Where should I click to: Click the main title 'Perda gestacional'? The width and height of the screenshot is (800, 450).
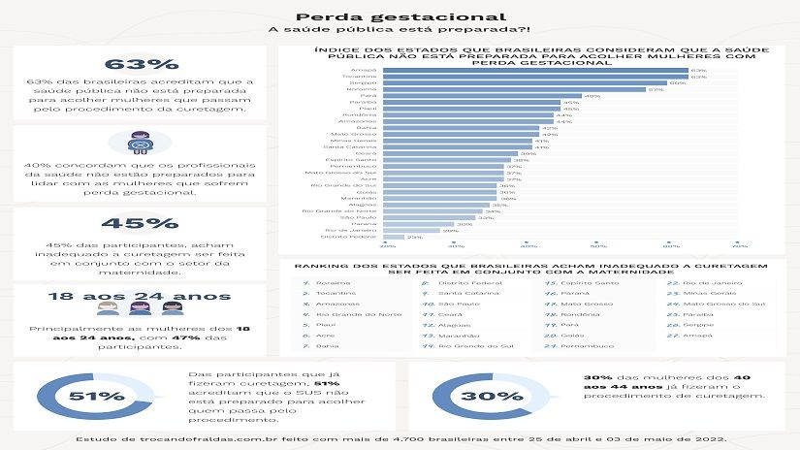(x=400, y=16)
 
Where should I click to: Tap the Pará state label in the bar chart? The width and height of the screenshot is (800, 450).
(x=369, y=96)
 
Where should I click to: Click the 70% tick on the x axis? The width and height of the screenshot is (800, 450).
(x=740, y=246)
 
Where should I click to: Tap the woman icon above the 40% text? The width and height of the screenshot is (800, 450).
(x=144, y=143)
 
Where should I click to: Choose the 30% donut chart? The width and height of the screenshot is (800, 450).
(x=476, y=396)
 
